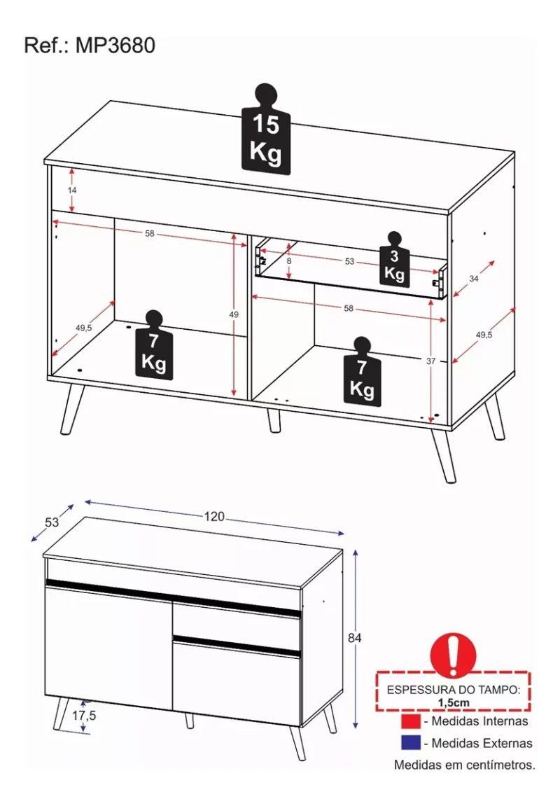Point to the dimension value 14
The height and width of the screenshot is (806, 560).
click(x=73, y=190)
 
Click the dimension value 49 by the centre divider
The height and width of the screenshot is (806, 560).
click(x=234, y=314)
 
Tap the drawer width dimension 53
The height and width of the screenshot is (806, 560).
click(x=350, y=261)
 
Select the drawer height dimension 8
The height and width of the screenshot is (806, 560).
click(x=288, y=260)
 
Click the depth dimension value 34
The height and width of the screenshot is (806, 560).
click(x=474, y=279)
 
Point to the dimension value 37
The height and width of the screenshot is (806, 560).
click(x=430, y=361)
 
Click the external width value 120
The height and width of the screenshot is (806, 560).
click(x=214, y=517)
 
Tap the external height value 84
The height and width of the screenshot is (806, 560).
click(x=356, y=638)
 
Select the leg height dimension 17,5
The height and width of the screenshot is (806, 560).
click(x=84, y=716)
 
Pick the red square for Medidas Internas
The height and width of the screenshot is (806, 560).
click(x=411, y=721)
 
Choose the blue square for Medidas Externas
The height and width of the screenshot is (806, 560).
click(x=411, y=742)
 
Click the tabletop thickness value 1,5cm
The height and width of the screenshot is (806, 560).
click(x=453, y=702)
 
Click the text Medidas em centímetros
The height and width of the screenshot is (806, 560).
click(x=464, y=765)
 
